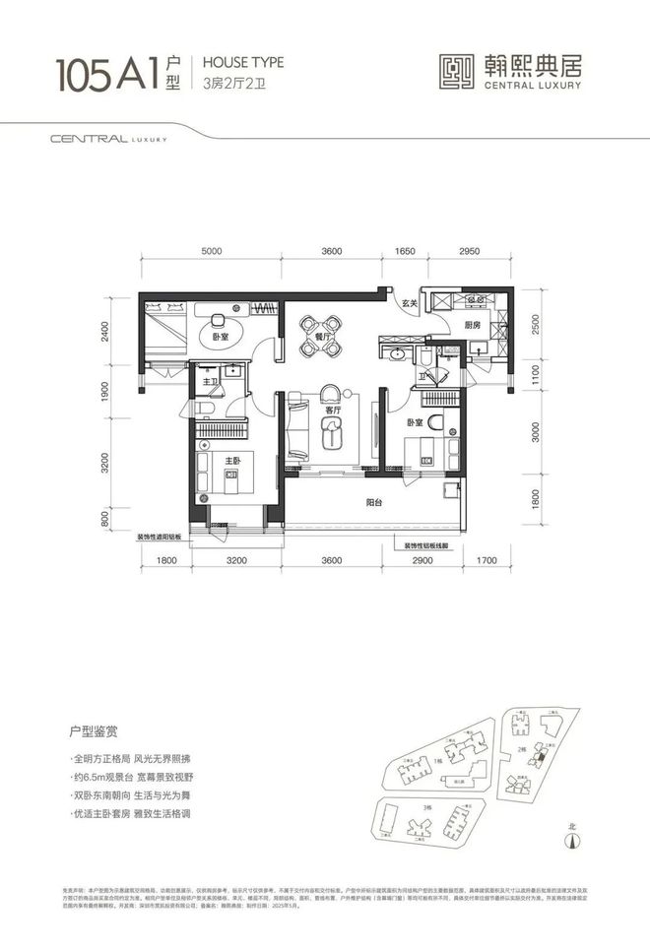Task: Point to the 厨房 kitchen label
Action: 472,325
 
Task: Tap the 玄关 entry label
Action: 409,302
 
